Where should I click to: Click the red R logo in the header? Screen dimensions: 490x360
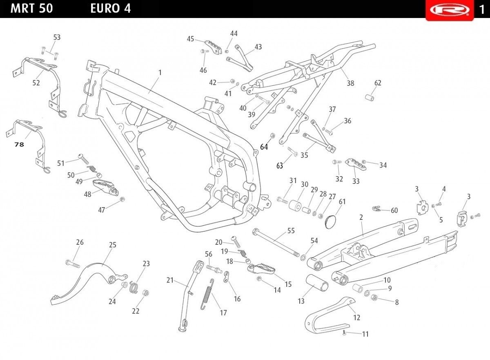click(449, 10)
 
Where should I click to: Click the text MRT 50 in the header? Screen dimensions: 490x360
click(31, 9)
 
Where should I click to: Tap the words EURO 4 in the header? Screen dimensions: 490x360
click(111, 9)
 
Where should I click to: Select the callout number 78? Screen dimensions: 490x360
click(19, 144)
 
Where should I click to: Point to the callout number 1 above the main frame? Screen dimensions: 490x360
click(160, 72)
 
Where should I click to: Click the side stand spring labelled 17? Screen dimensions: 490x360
click(207, 294)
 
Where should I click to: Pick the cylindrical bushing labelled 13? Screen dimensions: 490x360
click(317, 283)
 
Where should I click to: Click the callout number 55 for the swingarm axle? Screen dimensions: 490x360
click(291, 230)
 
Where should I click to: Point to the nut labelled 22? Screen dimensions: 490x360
click(145, 293)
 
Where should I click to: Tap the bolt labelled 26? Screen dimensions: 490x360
click(73, 264)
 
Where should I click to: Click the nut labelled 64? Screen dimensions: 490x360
click(273, 136)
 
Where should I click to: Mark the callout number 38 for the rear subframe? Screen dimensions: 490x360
click(350, 83)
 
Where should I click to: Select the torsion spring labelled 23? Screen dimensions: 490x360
click(133, 287)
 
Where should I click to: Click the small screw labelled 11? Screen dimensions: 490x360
click(345, 333)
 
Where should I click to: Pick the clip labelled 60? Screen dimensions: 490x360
click(376, 209)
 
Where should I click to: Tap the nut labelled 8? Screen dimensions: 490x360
click(374, 297)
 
